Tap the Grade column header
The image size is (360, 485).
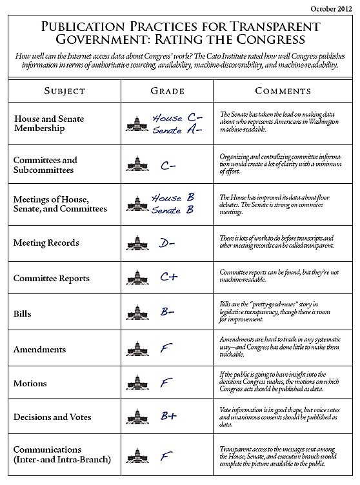click(167, 91)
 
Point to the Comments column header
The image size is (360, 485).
click(283, 91)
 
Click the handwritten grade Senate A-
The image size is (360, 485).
click(177, 130)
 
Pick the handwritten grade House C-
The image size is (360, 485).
click(177, 119)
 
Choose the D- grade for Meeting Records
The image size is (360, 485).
click(167, 243)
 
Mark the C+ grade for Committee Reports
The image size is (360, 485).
click(169, 277)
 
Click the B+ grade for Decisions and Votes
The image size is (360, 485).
click(169, 416)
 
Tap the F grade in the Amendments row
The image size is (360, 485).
click(166, 349)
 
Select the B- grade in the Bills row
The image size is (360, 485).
click(168, 313)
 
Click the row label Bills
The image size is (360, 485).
click(23, 314)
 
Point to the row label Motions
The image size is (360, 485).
click(30, 384)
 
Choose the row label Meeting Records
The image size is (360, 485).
click(46, 243)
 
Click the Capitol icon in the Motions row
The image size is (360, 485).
click(137, 384)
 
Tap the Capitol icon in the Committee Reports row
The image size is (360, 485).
click(137, 279)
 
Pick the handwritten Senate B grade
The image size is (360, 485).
click(175, 210)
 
